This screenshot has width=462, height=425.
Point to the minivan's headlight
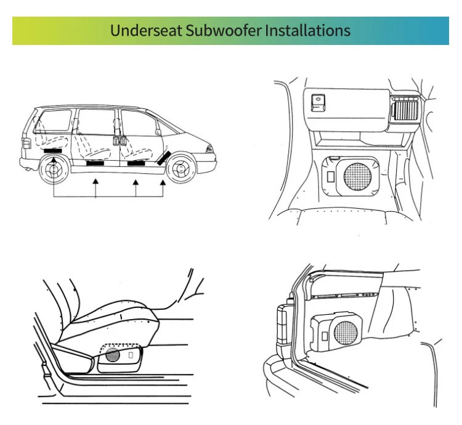pyautogui.click(x=210, y=149)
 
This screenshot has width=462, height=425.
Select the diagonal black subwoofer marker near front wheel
pyautogui.click(x=163, y=157)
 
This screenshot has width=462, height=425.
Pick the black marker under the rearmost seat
pyautogui.click(x=54, y=150)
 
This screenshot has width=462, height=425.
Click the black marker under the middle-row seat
pyautogui.click(x=95, y=164)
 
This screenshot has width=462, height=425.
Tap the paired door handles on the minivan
pyautogui.click(x=118, y=140)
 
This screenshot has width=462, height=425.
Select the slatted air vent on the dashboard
pyautogui.click(x=406, y=109)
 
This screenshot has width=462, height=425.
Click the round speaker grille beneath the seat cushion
pyautogui.click(x=112, y=355)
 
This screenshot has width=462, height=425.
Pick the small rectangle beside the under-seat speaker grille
pyautogui.click(x=131, y=355)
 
